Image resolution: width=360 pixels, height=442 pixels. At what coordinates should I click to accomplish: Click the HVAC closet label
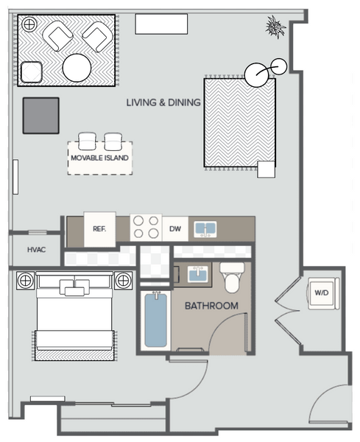[x=36, y=250]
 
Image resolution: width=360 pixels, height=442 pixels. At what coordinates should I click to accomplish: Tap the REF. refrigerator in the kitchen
[x=99, y=229]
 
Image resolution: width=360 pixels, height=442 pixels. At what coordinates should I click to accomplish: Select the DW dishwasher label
[x=175, y=228]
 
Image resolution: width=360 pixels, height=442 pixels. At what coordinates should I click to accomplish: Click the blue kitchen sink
[x=205, y=229]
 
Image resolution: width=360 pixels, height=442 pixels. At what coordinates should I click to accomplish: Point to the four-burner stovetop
[x=146, y=227]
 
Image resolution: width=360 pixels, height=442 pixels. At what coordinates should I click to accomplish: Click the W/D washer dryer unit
[x=323, y=293]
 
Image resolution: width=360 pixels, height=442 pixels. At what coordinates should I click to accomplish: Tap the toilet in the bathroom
[x=232, y=278]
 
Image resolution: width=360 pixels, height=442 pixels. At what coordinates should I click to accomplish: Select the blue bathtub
[x=155, y=320]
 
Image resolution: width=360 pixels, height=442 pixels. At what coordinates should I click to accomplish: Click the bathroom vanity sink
[x=198, y=274]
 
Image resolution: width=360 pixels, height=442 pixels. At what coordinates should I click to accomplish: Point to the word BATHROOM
[x=211, y=306]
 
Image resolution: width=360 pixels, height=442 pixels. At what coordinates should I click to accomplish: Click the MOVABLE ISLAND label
[x=99, y=158]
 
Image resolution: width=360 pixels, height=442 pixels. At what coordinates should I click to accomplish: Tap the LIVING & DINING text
[x=163, y=102]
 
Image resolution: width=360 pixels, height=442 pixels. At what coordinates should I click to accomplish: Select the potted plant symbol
[x=275, y=27]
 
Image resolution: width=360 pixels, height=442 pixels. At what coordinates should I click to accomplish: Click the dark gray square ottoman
[x=41, y=116]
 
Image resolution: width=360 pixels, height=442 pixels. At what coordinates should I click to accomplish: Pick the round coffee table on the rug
[x=77, y=68]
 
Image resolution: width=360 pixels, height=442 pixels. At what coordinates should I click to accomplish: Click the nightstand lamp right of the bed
[x=123, y=281]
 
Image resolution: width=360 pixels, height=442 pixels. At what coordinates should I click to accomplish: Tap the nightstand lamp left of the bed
[x=25, y=281]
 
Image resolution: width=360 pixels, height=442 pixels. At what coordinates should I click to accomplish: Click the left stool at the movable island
[x=88, y=141]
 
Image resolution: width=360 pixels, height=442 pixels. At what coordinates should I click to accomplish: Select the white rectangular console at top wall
[x=161, y=24]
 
